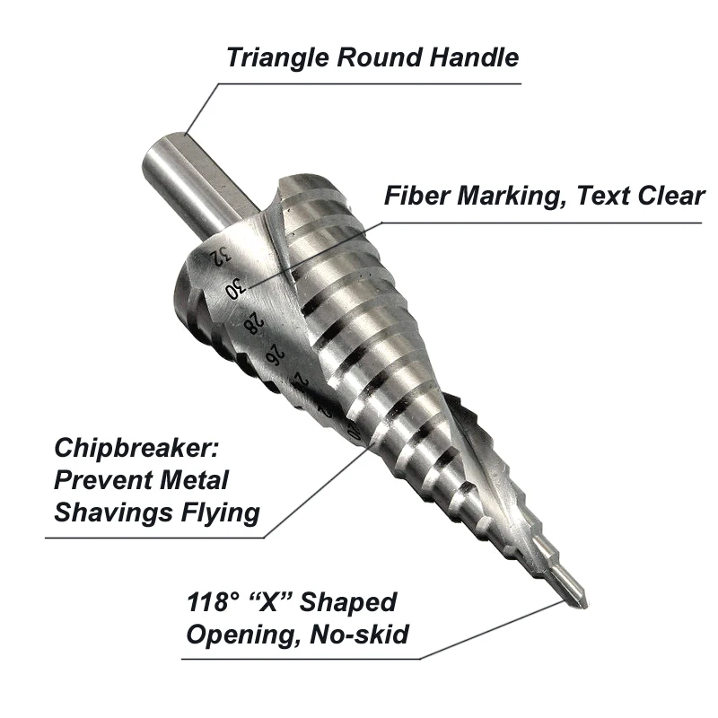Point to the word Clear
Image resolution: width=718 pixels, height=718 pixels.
pos(665,196)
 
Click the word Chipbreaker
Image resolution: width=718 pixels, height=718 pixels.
pos(137,448)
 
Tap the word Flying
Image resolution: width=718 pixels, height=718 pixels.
pos(222,512)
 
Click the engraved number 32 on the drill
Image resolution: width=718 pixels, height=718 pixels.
pos(216,256)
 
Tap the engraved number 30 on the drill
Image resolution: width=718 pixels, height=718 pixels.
pos(235,288)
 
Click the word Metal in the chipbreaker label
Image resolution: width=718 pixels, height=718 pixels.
pos(187,480)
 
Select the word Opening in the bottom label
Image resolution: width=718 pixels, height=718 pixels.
pos(235,635)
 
